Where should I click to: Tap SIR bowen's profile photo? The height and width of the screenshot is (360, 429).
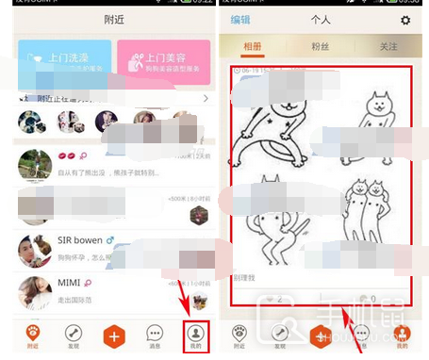click(x=34, y=250)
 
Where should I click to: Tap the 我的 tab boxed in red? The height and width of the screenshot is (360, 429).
click(x=195, y=335)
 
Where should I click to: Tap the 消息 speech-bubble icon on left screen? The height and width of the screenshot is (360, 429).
click(x=155, y=335)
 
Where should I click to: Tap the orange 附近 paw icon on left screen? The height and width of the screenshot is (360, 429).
click(x=33, y=335)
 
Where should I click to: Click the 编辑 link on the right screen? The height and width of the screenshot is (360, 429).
click(x=240, y=20)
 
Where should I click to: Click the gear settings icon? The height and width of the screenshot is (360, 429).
click(x=405, y=20)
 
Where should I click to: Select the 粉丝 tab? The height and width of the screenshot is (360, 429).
click(x=321, y=46)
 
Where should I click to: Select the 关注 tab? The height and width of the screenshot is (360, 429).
click(x=387, y=46)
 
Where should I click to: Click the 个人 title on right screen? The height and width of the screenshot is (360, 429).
click(x=322, y=20)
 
